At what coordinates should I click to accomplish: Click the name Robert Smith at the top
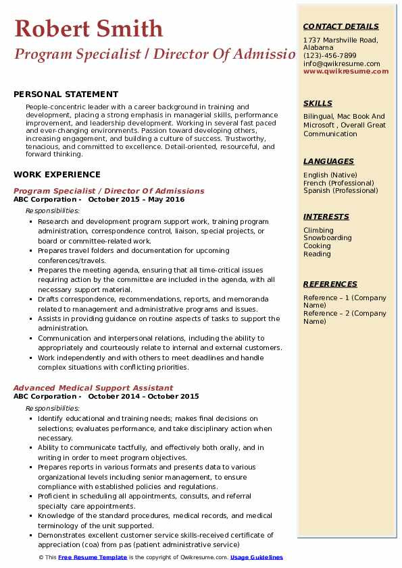(89, 28)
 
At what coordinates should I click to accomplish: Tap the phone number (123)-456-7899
(330, 56)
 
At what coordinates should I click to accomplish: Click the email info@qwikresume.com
(342, 64)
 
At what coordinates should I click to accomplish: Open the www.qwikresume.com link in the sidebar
(346, 71)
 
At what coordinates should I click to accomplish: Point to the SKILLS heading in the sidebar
(318, 103)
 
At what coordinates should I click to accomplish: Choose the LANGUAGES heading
(328, 161)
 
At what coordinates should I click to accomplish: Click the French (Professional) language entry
(338, 183)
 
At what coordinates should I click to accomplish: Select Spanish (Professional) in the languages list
(341, 190)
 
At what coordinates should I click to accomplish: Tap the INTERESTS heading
(326, 217)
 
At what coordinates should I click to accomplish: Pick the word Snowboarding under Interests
(328, 238)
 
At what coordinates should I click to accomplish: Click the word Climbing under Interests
(318, 230)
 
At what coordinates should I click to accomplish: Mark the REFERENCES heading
(330, 284)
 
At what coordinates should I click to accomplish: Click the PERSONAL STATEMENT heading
(66, 94)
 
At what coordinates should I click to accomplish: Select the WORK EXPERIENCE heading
(57, 174)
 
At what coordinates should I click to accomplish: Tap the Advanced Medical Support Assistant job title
(93, 388)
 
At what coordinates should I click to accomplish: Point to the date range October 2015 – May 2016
(136, 199)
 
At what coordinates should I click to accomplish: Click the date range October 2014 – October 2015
(143, 396)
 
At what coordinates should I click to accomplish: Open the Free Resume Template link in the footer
(93, 557)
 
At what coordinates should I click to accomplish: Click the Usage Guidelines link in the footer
(257, 557)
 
